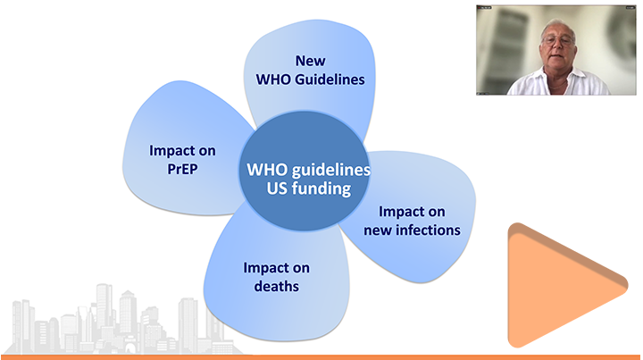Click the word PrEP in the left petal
(182, 169)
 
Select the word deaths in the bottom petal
(276, 286)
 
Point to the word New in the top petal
(311, 61)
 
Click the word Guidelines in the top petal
(330, 80)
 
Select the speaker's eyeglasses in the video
(557, 40)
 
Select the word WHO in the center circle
(263, 170)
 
